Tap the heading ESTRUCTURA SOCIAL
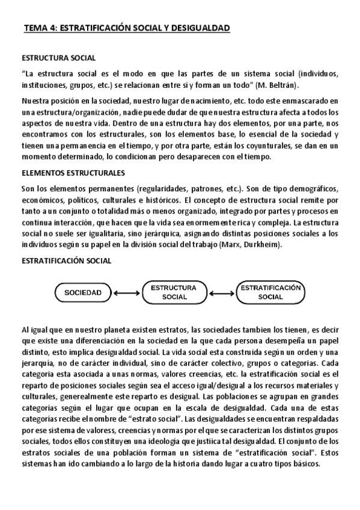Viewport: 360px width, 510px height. (x=58, y=58)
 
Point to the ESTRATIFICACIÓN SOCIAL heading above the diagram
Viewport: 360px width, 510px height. (x=67, y=262)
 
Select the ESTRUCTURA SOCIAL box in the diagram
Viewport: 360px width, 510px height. (x=174, y=292)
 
